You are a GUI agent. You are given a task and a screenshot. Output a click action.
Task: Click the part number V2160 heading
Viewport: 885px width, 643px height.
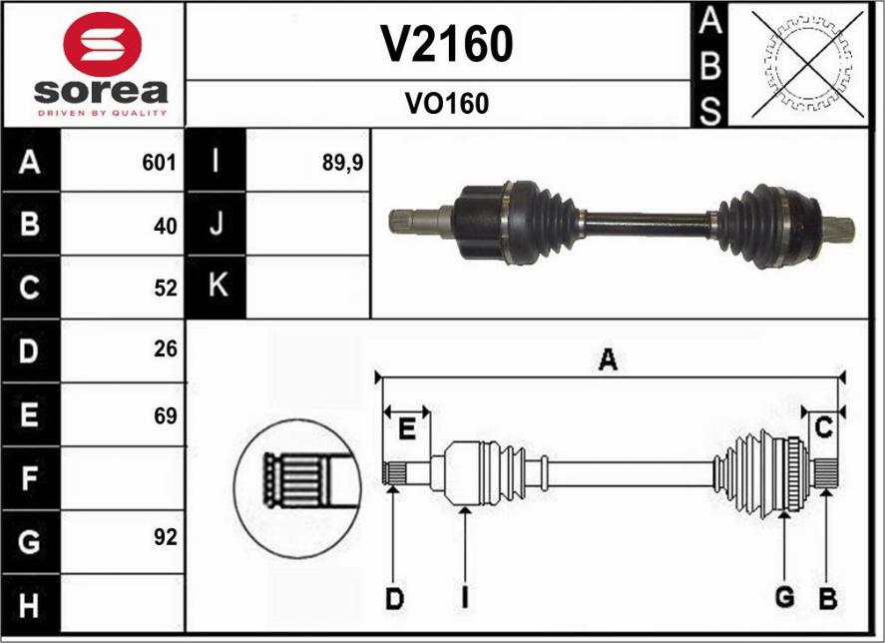[x=446, y=43]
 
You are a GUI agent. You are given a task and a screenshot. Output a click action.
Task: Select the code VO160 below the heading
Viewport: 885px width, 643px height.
[x=446, y=104]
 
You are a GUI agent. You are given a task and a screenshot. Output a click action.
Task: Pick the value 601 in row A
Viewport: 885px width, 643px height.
[x=159, y=163]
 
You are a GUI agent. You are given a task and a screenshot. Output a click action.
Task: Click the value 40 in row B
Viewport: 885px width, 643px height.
[x=165, y=226]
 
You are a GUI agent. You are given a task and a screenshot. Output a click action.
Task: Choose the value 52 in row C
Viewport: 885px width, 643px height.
[x=165, y=289]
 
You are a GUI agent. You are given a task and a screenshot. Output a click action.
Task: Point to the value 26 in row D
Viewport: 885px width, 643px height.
[x=165, y=349]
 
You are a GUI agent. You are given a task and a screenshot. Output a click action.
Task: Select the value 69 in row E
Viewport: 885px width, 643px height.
[x=165, y=415]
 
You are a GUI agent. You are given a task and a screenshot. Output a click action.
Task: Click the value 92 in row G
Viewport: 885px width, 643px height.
[x=165, y=538]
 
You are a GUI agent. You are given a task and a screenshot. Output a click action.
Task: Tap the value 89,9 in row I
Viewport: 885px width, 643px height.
[x=342, y=163]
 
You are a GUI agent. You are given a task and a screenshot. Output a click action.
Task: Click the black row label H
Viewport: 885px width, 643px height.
[x=30, y=605]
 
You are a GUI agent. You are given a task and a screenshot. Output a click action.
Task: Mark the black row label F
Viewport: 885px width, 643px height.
[x=30, y=478]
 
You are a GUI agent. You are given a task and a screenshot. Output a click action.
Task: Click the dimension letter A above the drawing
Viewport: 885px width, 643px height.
[x=607, y=361]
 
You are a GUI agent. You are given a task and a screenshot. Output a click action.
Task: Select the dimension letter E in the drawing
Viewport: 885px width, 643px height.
[x=406, y=430]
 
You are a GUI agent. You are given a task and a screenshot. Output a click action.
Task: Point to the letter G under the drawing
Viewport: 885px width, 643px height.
[x=785, y=598]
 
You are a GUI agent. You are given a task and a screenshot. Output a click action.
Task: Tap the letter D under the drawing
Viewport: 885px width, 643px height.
[x=395, y=599]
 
